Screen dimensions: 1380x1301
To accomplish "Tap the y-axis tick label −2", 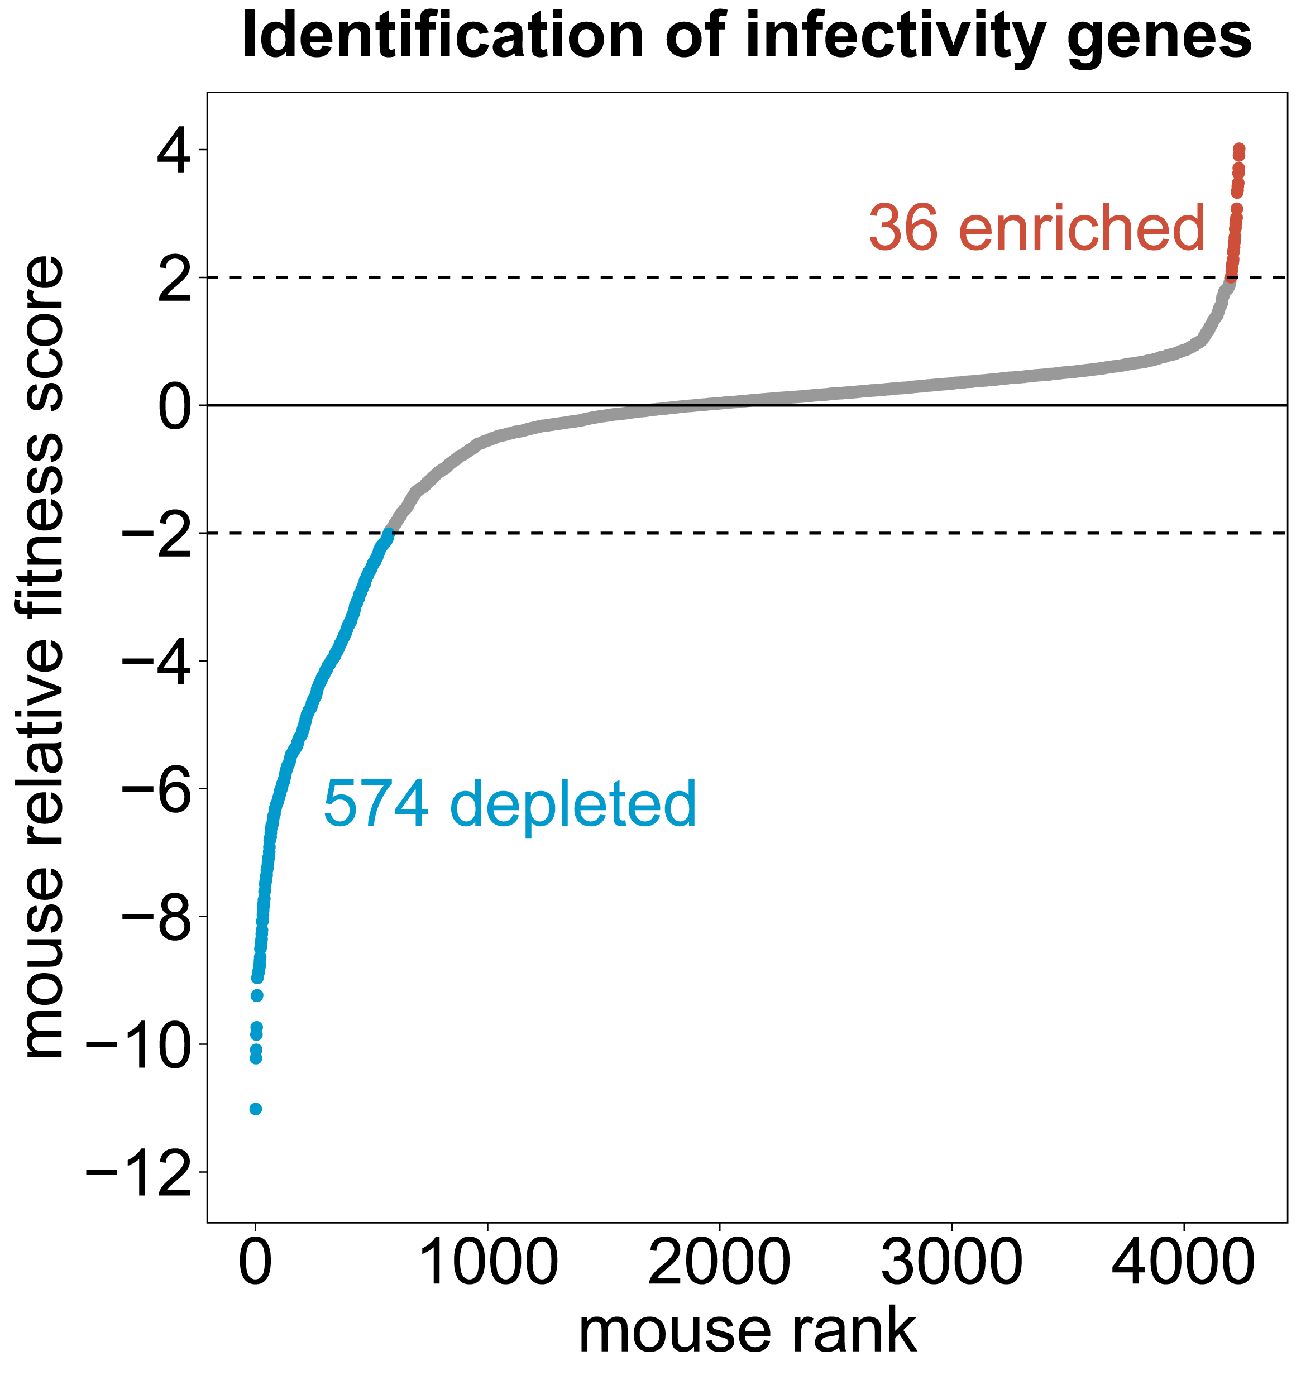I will point(156,533).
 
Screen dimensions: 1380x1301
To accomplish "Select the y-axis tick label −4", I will point(156,661).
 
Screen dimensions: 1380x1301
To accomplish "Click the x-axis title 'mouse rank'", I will point(748,1331).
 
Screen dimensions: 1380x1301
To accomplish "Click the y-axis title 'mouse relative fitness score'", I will point(43,657).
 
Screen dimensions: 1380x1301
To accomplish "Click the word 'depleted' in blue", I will point(573,804).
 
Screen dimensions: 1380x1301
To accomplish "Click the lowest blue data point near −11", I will point(256,1109).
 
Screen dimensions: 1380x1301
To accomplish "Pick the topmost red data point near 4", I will point(1239,148).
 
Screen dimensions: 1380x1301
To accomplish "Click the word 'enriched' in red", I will point(1082,228).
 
